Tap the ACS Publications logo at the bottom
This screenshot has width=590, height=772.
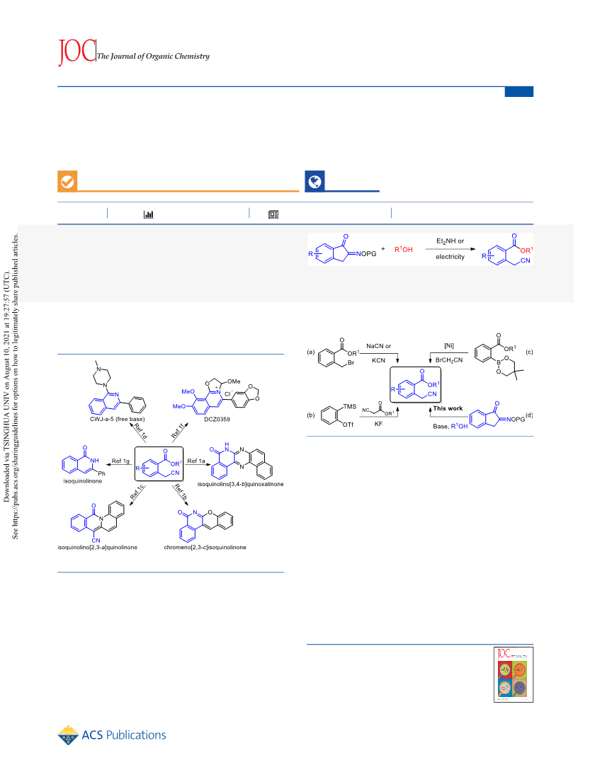point(112,735)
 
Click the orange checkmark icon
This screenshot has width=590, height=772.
point(67,182)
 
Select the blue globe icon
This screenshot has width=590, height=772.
point(314,182)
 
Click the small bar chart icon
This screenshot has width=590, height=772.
point(148,214)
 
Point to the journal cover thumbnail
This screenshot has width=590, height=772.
point(514,674)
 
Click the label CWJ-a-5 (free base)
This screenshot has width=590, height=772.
point(118,419)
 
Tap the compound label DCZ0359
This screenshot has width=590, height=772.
point(217,419)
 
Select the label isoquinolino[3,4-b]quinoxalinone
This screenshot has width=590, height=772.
point(241,484)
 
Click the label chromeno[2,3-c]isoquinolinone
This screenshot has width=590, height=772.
point(205,547)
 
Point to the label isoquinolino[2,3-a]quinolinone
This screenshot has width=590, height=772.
point(98,547)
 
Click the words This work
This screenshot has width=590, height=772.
point(448,408)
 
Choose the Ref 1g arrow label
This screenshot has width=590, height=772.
point(120,461)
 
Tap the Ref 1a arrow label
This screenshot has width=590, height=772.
point(196,461)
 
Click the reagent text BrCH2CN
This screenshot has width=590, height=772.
point(449,360)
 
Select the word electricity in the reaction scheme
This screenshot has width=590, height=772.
point(450,257)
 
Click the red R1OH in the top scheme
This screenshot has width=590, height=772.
point(404,249)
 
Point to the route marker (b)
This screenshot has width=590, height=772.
point(310,415)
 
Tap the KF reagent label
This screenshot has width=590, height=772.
point(378,423)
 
